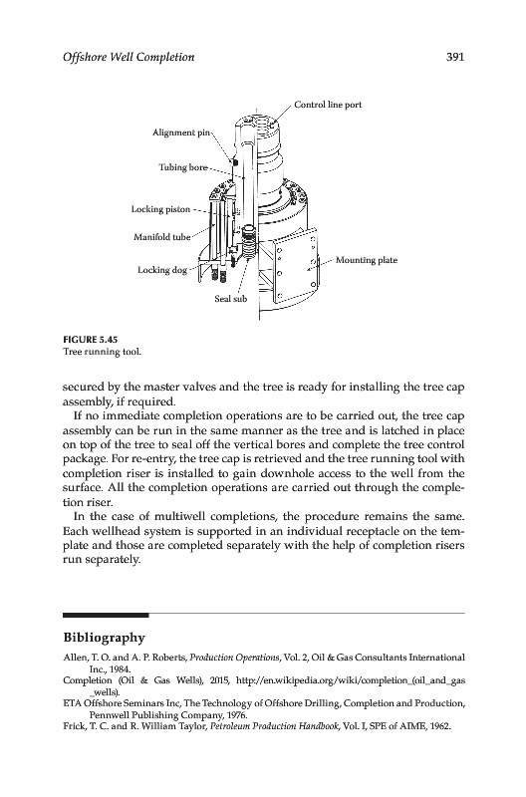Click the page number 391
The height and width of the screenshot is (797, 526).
tap(455, 57)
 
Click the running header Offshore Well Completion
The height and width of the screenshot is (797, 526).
tap(129, 57)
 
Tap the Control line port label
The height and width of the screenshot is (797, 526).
tap(329, 105)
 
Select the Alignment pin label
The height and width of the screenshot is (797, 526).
tap(181, 133)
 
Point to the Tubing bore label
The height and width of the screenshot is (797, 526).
tap(183, 167)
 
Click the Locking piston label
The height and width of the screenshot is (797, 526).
tap(160, 209)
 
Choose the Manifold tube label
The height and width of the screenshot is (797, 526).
tap(162, 237)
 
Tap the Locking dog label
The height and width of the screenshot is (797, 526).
tap(162, 270)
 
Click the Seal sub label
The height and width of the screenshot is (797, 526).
tap(231, 299)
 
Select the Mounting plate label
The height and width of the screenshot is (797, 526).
tap(367, 260)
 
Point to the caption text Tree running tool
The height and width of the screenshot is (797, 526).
tap(102, 352)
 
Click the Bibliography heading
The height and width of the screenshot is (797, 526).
tap(105, 638)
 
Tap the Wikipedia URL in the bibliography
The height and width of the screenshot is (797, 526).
tap(351, 686)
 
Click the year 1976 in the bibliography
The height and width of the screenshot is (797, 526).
tap(237, 715)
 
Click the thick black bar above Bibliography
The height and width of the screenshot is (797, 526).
tap(106, 615)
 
